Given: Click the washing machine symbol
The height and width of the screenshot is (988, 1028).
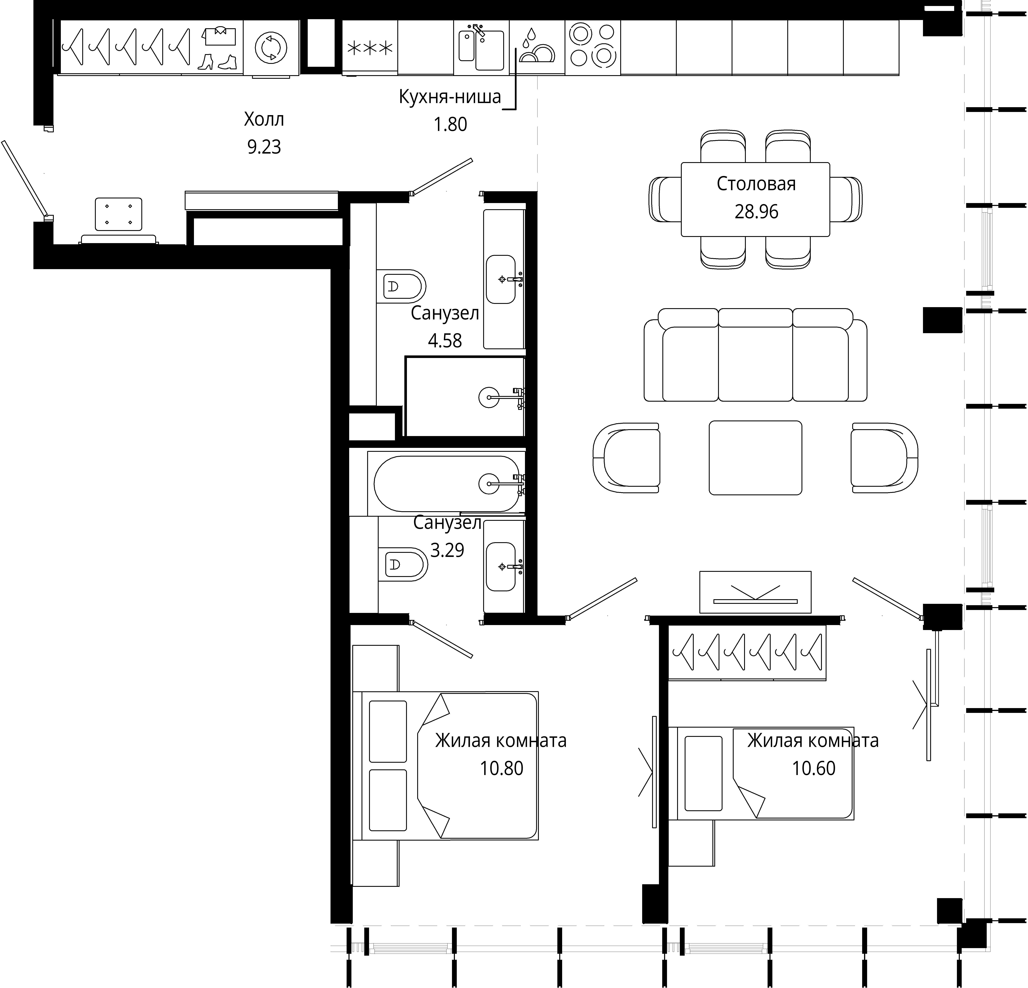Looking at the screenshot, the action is [x=271, y=47].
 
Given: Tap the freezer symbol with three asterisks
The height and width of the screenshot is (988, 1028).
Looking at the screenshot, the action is [x=370, y=48].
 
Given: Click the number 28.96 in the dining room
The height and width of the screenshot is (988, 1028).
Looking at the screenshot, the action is [x=756, y=212].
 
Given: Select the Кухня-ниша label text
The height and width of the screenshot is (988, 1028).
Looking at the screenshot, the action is [x=450, y=97].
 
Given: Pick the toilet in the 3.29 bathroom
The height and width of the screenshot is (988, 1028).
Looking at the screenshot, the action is [x=402, y=564].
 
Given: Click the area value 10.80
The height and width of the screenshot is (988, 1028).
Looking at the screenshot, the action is [x=501, y=768].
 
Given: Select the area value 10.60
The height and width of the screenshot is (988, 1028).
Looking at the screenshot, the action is [x=813, y=768].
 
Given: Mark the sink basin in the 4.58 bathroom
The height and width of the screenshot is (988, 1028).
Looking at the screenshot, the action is [x=501, y=279].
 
